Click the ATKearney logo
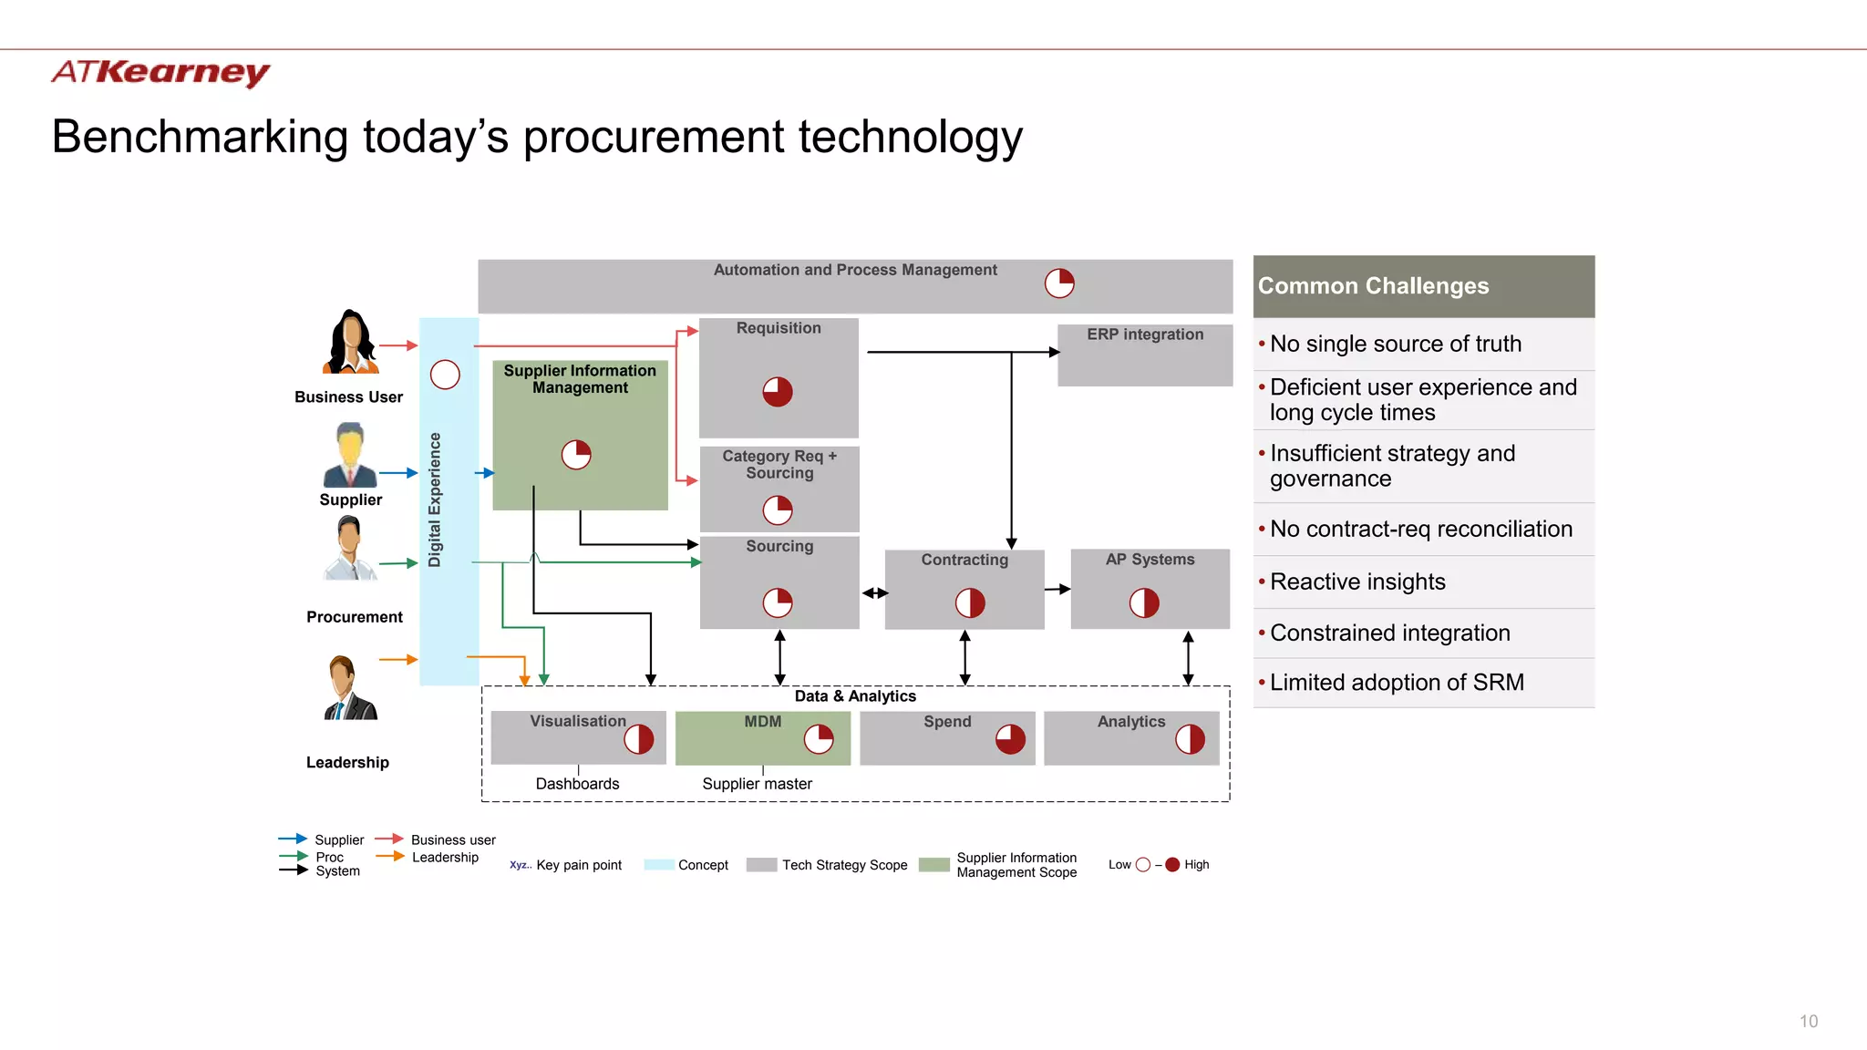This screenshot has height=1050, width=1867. click(160, 72)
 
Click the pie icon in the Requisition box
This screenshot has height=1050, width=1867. click(778, 392)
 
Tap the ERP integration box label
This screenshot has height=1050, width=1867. click(1145, 335)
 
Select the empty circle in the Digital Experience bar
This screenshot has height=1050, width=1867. click(445, 375)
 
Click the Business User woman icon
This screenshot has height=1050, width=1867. click(351, 343)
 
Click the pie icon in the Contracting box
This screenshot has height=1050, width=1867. click(970, 602)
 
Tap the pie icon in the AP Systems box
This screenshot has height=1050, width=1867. click(1144, 602)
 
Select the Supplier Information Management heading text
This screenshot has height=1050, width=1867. click(580, 379)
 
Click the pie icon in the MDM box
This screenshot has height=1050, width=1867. click(819, 739)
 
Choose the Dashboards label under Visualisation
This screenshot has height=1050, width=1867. click(577, 784)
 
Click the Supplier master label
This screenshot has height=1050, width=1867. click(757, 784)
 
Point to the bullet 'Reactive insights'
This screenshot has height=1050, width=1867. click(1357, 582)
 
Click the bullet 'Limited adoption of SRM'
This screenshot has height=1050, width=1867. click(1396, 683)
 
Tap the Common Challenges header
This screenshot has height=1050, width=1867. click(1373, 286)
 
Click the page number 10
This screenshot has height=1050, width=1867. click(1809, 1022)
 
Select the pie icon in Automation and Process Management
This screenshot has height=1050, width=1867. click(1059, 283)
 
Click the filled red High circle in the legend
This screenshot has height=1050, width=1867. click(1172, 865)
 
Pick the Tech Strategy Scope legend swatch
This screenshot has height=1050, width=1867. click(761, 865)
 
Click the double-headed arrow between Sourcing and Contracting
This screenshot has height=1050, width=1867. click(875, 593)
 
